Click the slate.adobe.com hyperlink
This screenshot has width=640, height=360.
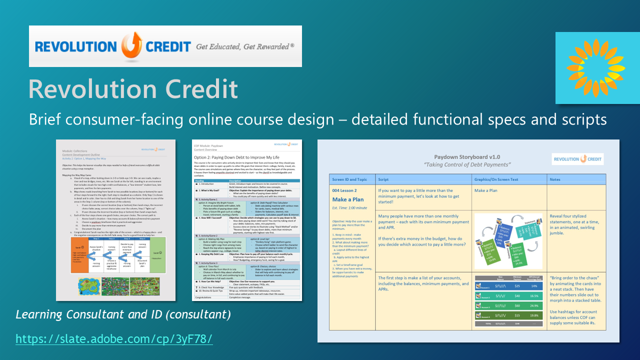coord(114,339)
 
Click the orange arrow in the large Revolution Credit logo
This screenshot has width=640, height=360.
coord(129,45)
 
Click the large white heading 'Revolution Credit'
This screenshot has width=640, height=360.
coord(133,88)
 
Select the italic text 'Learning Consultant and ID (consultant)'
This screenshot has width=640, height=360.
coord(123,314)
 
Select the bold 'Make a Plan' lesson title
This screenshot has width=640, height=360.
coord(348,199)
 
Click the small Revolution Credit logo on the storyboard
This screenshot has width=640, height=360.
coord(577,159)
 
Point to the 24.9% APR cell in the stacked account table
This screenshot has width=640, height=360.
coord(534,306)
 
